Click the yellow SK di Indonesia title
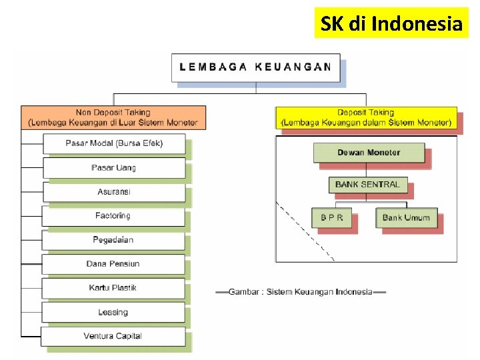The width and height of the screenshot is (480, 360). coord(391,24)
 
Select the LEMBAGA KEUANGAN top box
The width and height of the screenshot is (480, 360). coord(255,67)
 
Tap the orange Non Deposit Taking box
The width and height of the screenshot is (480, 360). coord(113,117)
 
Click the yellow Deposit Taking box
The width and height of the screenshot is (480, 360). coord(366,117)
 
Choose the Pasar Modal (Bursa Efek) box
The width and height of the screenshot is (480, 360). coord(114,143)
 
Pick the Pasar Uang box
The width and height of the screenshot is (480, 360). coord(114,167)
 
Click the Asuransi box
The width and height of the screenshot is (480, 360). coord(114,192)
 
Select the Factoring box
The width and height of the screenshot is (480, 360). coord(113,216)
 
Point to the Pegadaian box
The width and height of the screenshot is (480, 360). coord(113,240)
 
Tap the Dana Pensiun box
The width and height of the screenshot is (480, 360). coord(113,264)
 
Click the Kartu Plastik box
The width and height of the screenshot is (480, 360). coord(113,288)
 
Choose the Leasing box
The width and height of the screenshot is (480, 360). coord(113,312)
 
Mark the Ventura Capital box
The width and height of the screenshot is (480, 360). coord(113,336)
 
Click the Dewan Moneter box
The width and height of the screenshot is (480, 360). coord(369,153)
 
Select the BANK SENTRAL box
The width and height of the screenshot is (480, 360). coord(367,185)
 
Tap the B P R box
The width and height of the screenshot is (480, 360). coord(332,218)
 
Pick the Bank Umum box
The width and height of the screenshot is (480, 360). coord(406,218)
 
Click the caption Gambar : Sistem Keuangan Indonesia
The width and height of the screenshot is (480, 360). coord(301,292)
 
